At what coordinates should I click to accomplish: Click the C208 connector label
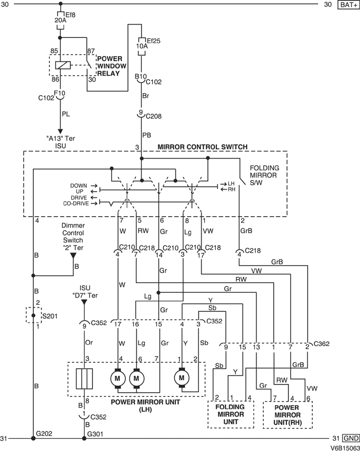click(x=152, y=116)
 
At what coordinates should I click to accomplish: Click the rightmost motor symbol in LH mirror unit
click(x=182, y=378)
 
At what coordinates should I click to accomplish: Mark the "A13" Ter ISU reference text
click(x=60, y=142)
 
